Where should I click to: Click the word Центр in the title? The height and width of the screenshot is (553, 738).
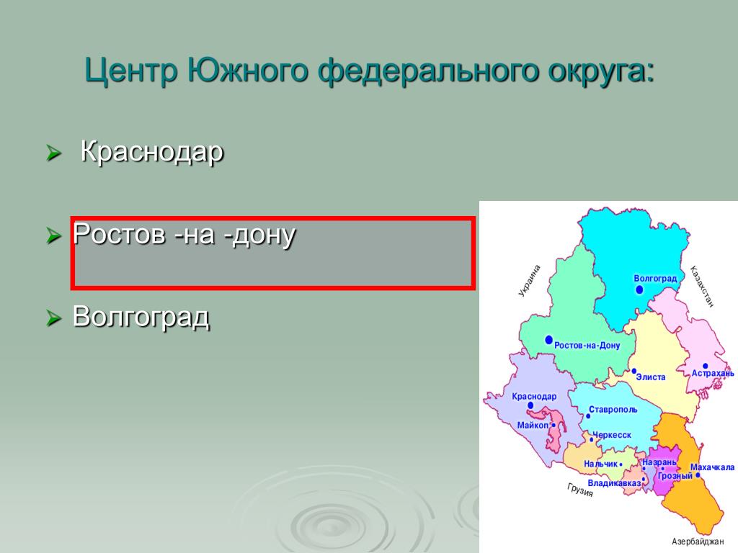click(131, 71)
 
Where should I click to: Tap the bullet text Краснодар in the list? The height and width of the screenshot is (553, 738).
click(151, 152)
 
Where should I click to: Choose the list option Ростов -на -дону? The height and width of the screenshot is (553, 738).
click(184, 234)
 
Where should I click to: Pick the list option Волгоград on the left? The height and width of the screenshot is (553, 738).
click(141, 317)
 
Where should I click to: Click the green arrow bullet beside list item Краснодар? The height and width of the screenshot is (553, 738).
click(53, 153)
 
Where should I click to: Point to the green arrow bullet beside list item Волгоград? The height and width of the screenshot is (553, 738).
click(53, 318)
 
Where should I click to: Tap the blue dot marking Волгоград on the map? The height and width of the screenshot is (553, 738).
click(639, 289)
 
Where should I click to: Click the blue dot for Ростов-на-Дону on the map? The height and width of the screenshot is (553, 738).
click(548, 340)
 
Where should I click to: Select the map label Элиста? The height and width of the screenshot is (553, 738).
click(651, 377)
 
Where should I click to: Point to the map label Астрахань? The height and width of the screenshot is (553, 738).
click(713, 374)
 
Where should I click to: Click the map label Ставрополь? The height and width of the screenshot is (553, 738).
click(613, 410)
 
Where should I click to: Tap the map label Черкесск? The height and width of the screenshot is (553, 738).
click(612, 435)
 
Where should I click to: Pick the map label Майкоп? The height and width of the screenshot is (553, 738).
click(533, 425)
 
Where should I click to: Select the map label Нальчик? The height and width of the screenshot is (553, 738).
click(600, 464)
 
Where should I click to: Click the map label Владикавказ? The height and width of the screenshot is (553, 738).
click(614, 483)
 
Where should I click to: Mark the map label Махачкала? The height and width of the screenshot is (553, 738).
click(712, 467)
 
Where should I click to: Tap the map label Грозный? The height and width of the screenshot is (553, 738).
click(675, 476)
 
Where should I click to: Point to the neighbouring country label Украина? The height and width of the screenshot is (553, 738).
click(530, 281)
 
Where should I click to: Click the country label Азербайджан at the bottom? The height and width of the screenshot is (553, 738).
click(697, 541)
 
